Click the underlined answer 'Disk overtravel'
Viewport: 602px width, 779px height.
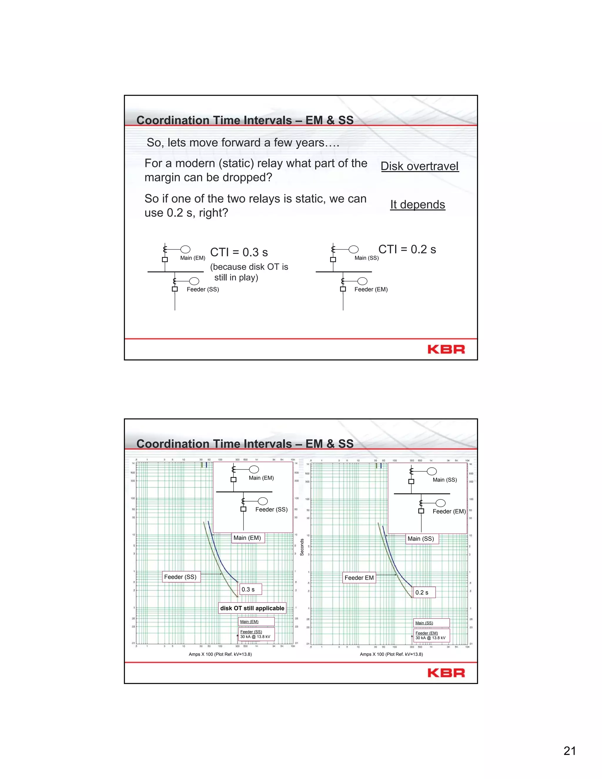(419, 166)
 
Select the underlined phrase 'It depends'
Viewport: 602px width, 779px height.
(417, 204)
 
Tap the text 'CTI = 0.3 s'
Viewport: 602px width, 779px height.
(239, 252)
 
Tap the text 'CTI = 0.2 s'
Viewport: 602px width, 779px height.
(407, 249)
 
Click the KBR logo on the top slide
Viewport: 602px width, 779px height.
(446, 349)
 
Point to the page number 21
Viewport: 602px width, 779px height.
(570, 751)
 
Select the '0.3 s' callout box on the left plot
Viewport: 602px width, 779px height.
(250, 589)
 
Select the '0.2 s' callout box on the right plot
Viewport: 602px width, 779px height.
(424, 592)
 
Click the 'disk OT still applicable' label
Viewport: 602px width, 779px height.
(252, 608)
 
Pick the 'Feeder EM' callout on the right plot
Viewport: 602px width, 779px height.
(359, 577)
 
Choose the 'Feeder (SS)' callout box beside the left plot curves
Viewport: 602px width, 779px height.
(181, 577)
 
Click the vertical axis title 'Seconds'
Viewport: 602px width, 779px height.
(302, 547)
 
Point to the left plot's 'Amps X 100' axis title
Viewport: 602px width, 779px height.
(220, 654)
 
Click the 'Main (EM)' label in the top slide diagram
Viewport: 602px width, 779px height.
(193, 258)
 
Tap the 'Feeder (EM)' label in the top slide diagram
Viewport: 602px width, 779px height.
(371, 289)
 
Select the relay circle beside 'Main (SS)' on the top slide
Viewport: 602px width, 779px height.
(353, 249)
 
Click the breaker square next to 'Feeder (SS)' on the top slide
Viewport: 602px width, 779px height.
(175, 289)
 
